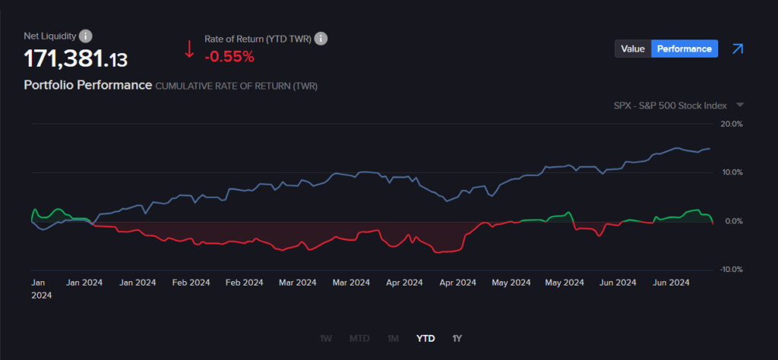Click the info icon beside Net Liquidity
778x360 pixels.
[86, 36]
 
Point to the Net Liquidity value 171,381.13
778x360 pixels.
[76, 58]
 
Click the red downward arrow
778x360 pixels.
[189, 49]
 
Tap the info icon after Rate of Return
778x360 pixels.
[321, 39]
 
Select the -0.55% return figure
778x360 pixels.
[229, 56]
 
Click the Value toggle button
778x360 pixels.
[633, 49]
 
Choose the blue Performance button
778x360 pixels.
[685, 49]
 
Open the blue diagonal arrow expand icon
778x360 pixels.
[737, 49]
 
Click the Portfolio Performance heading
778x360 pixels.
[87, 85]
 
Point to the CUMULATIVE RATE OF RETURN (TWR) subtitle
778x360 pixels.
[236, 87]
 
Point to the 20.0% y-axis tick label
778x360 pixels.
[732, 124]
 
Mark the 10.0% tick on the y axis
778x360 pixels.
[732, 172]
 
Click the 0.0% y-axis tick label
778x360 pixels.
[734, 221]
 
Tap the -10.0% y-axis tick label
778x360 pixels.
[731, 270]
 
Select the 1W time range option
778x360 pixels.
[326, 338]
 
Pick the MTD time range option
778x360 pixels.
[359, 338]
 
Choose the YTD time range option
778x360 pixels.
[425, 338]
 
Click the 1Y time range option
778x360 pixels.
[457, 338]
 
